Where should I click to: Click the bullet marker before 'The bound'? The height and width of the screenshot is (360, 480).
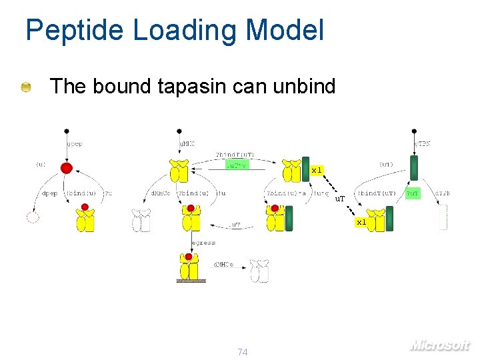tap(25, 87)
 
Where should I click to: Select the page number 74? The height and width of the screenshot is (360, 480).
tap(243, 351)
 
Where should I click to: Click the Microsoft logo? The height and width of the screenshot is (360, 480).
tap(439, 345)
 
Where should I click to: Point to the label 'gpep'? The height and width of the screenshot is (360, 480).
tap(74, 143)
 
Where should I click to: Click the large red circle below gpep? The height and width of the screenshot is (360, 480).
tap(66, 167)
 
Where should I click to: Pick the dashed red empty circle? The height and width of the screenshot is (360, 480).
tap(31, 217)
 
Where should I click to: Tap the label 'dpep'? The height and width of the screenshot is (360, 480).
tap(50, 193)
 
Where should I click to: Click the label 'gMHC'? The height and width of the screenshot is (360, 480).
tap(187, 143)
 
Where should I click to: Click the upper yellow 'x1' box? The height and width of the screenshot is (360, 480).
tap(317, 170)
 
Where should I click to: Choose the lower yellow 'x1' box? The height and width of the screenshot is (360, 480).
tap(361, 221)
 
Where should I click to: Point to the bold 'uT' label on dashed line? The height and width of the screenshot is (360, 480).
tap(339, 198)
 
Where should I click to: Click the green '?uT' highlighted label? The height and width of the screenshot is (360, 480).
tap(413, 193)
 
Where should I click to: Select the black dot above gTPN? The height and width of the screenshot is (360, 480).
tap(415, 131)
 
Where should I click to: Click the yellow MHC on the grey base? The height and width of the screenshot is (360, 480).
tap(191, 268)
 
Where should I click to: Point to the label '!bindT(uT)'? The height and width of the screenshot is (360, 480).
tap(377, 193)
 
